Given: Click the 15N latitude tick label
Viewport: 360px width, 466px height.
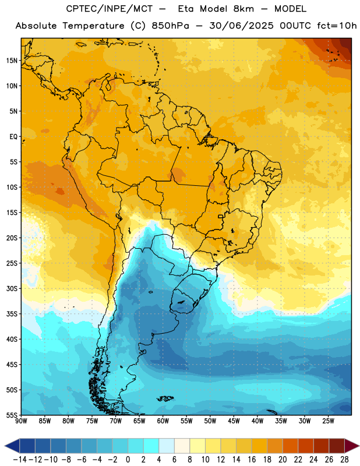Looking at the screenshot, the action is pyautogui.click(x=12, y=61).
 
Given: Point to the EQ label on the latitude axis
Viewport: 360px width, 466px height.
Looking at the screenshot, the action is pyautogui.click(x=13, y=137).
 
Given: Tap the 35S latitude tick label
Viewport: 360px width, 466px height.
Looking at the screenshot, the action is pyautogui.click(x=12, y=314).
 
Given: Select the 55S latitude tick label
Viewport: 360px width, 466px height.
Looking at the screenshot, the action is pyautogui.click(x=12, y=415).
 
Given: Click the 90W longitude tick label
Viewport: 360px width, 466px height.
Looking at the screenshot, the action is pyautogui.click(x=21, y=421).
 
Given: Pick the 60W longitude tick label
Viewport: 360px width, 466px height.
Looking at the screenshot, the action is pyautogui.click(x=163, y=421).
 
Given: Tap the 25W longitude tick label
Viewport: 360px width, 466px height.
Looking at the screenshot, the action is pyautogui.click(x=328, y=421).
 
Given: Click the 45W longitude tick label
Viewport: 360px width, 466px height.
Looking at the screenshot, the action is pyautogui.click(x=234, y=421).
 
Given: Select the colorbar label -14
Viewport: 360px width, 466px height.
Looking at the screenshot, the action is pyautogui.click(x=20, y=460).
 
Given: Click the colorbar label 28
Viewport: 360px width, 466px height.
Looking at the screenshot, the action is pyautogui.click(x=344, y=460).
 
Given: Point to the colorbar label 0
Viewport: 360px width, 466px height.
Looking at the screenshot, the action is pyautogui.click(x=128, y=460).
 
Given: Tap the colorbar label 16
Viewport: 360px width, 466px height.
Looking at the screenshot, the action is pyautogui.click(x=252, y=460).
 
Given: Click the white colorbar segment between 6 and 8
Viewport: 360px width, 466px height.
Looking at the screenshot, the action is pyautogui.click(x=182, y=446).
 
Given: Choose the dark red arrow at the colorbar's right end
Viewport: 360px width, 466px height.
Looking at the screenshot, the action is pyautogui.click(x=351, y=446).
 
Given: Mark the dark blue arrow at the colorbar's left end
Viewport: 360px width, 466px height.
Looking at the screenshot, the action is pyautogui.click(x=12, y=446).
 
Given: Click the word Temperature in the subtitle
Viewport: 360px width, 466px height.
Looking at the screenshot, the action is pyautogui.click(x=93, y=26).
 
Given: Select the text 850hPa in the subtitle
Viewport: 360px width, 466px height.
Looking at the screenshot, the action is pyautogui.click(x=170, y=26).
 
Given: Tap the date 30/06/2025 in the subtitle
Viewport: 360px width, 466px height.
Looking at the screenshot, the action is pyautogui.click(x=241, y=26).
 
